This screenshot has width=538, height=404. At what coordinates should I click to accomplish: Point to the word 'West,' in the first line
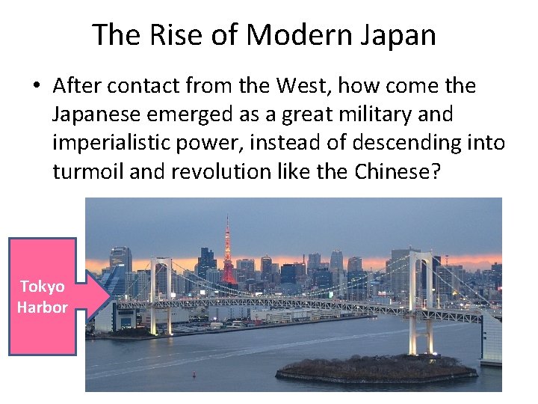[x=295, y=85]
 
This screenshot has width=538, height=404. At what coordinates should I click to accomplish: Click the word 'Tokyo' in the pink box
[x=43, y=287]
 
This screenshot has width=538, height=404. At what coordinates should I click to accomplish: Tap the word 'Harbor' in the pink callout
[x=43, y=307]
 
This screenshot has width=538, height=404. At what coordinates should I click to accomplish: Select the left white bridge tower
[x=161, y=296]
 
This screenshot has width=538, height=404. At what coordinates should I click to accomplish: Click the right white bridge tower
[x=421, y=299]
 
